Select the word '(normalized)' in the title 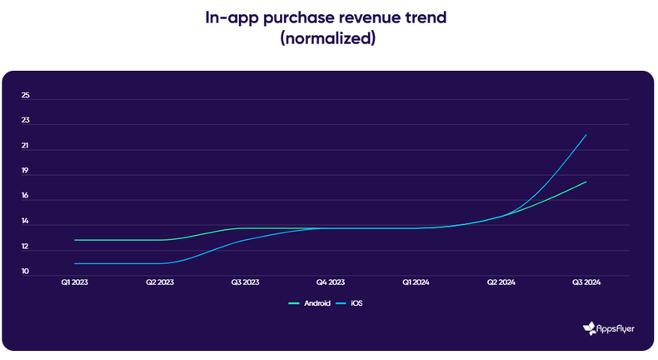point(328,39)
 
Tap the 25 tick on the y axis point(26,96)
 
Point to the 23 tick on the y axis point(26,121)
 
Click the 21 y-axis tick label point(26,147)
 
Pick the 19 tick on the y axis point(26,172)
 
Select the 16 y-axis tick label point(26,197)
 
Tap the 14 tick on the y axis point(26,222)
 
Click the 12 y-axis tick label point(26,247)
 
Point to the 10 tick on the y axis point(26,272)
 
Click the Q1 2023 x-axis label point(75,283)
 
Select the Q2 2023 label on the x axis point(160,283)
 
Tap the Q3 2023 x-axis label point(245,283)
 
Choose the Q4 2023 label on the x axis point(330,283)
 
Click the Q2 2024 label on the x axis point(501,283)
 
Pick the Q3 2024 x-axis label point(586,283)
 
